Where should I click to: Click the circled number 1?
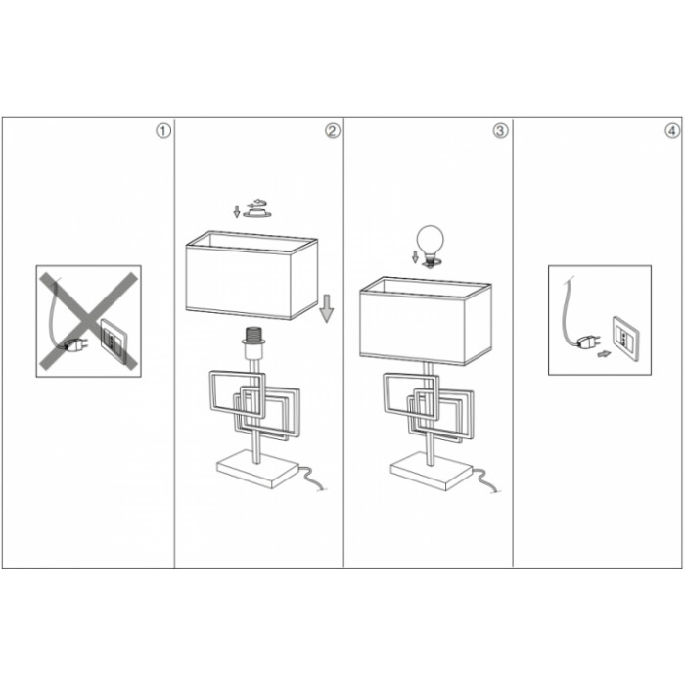click(163, 131)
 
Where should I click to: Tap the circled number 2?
click(333, 131)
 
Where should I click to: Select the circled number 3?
click(501, 131)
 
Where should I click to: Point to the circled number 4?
click(672, 131)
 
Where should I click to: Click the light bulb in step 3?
click(431, 245)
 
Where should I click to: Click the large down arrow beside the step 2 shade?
click(326, 308)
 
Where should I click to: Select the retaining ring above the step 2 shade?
click(256, 208)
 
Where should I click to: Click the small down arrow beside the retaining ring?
click(237, 211)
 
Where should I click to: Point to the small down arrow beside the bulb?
click(415, 256)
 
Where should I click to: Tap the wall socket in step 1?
click(114, 339)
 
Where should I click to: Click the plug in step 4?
click(588, 342)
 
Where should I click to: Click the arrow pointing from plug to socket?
click(604, 354)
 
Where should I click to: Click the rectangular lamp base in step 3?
click(432, 472)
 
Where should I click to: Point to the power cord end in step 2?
click(322, 489)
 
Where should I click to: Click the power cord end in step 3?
click(496, 491)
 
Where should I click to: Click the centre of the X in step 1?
click(89, 321)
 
